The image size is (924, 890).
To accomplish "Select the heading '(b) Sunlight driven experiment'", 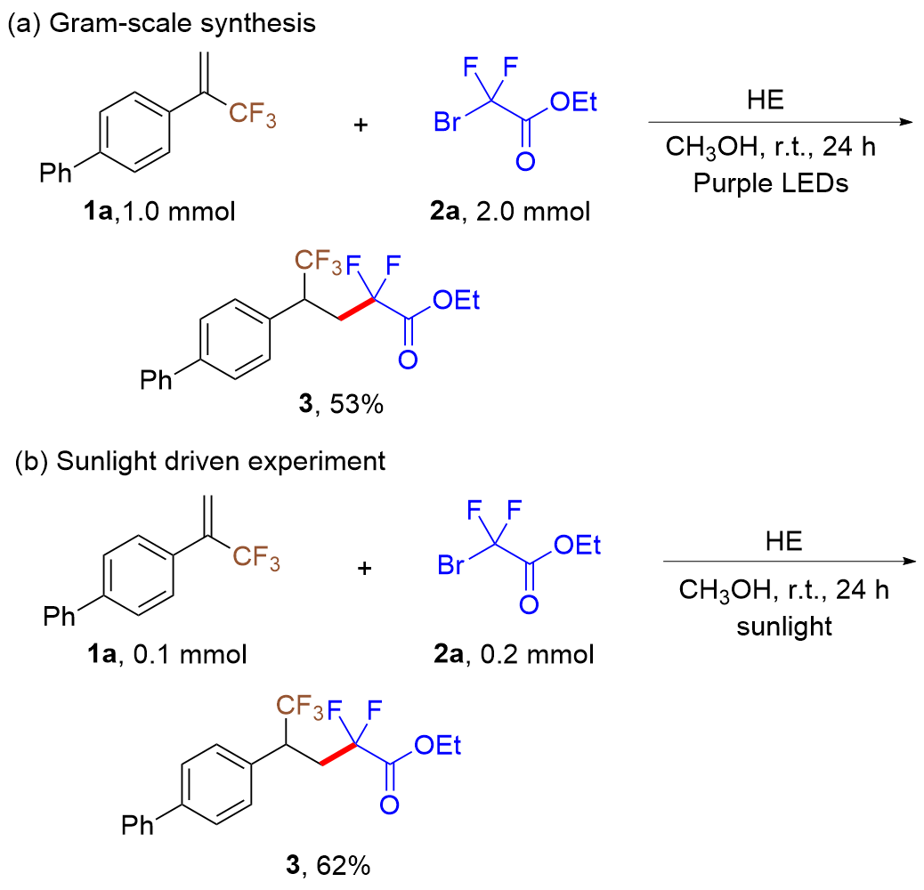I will [x=200, y=462].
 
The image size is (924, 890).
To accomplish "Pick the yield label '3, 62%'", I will [x=328, y=864].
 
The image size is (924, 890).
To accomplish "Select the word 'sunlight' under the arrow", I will [x=784, y=626].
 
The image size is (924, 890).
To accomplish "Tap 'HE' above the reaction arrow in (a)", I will [x=767, y=100].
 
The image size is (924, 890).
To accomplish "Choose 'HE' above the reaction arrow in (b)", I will [x=782, y=543].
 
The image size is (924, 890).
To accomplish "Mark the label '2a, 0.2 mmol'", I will [x=516, y=655].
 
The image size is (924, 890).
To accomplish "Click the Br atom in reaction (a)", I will [x=449, y=122].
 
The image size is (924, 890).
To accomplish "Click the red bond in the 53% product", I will [x=355, y=311].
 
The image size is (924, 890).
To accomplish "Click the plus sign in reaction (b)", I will [x=365, y=567].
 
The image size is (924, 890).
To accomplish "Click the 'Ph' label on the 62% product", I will [x=137, y=826].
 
